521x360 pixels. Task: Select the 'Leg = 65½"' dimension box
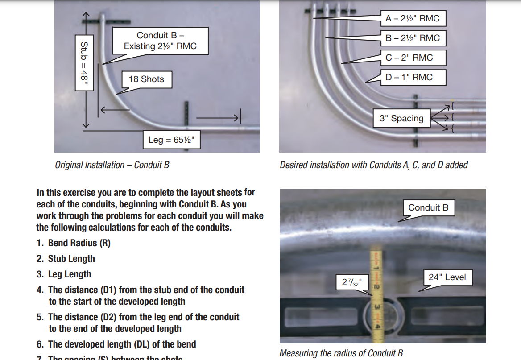171,140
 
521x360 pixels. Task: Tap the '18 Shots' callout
146,79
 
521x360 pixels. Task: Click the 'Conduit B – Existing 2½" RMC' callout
160,41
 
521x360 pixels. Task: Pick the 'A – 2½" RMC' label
413,18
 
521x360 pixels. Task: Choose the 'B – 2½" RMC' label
413,38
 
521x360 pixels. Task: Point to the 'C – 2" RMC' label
409,58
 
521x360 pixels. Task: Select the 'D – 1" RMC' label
409,77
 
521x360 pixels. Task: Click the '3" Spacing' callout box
401,118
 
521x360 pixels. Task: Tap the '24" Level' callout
447,277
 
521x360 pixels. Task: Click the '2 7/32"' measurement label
352,282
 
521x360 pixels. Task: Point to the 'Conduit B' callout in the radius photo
428,207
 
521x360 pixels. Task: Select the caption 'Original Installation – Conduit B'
112,165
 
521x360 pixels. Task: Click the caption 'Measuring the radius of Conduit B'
341,353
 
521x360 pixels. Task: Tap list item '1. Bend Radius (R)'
74,243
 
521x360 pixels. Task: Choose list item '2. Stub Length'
66,259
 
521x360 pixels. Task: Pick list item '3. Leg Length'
64,274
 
